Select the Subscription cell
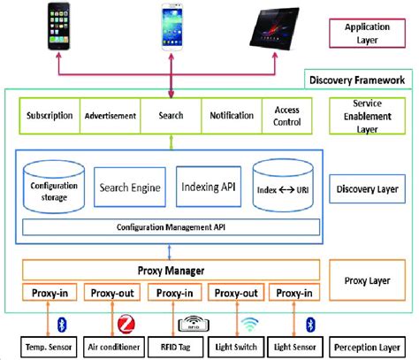(50, 116)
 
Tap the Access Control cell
(287, 116)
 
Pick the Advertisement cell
(110, 116)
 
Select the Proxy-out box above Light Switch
(236, 294)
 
